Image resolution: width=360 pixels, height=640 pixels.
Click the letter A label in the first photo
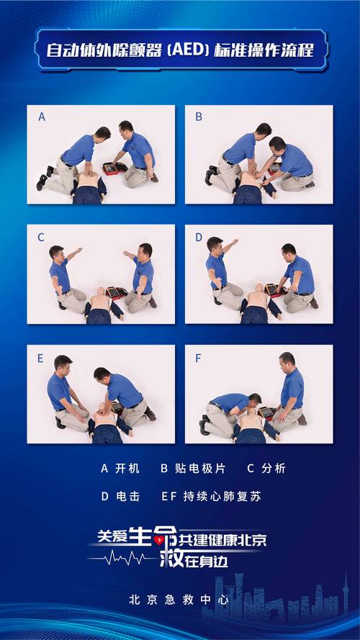pos(42,116)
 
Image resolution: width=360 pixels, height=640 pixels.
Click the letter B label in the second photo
pos(199,116)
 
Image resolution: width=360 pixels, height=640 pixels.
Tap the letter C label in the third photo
pos(42,236)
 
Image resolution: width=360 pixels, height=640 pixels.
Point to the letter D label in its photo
pos(199,236)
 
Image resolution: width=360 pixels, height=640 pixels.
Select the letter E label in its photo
pos(42,356)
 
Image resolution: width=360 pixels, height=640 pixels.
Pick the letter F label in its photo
pos(199,356)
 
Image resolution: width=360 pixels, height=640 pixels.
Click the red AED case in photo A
pos(114,168)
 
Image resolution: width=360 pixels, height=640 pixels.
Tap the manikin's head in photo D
pos(258,289)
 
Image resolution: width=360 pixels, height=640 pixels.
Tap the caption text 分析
pos(274,469)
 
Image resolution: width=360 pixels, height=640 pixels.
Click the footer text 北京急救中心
pos(178,599)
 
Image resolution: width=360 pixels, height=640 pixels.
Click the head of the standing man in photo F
pos(287,359)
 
